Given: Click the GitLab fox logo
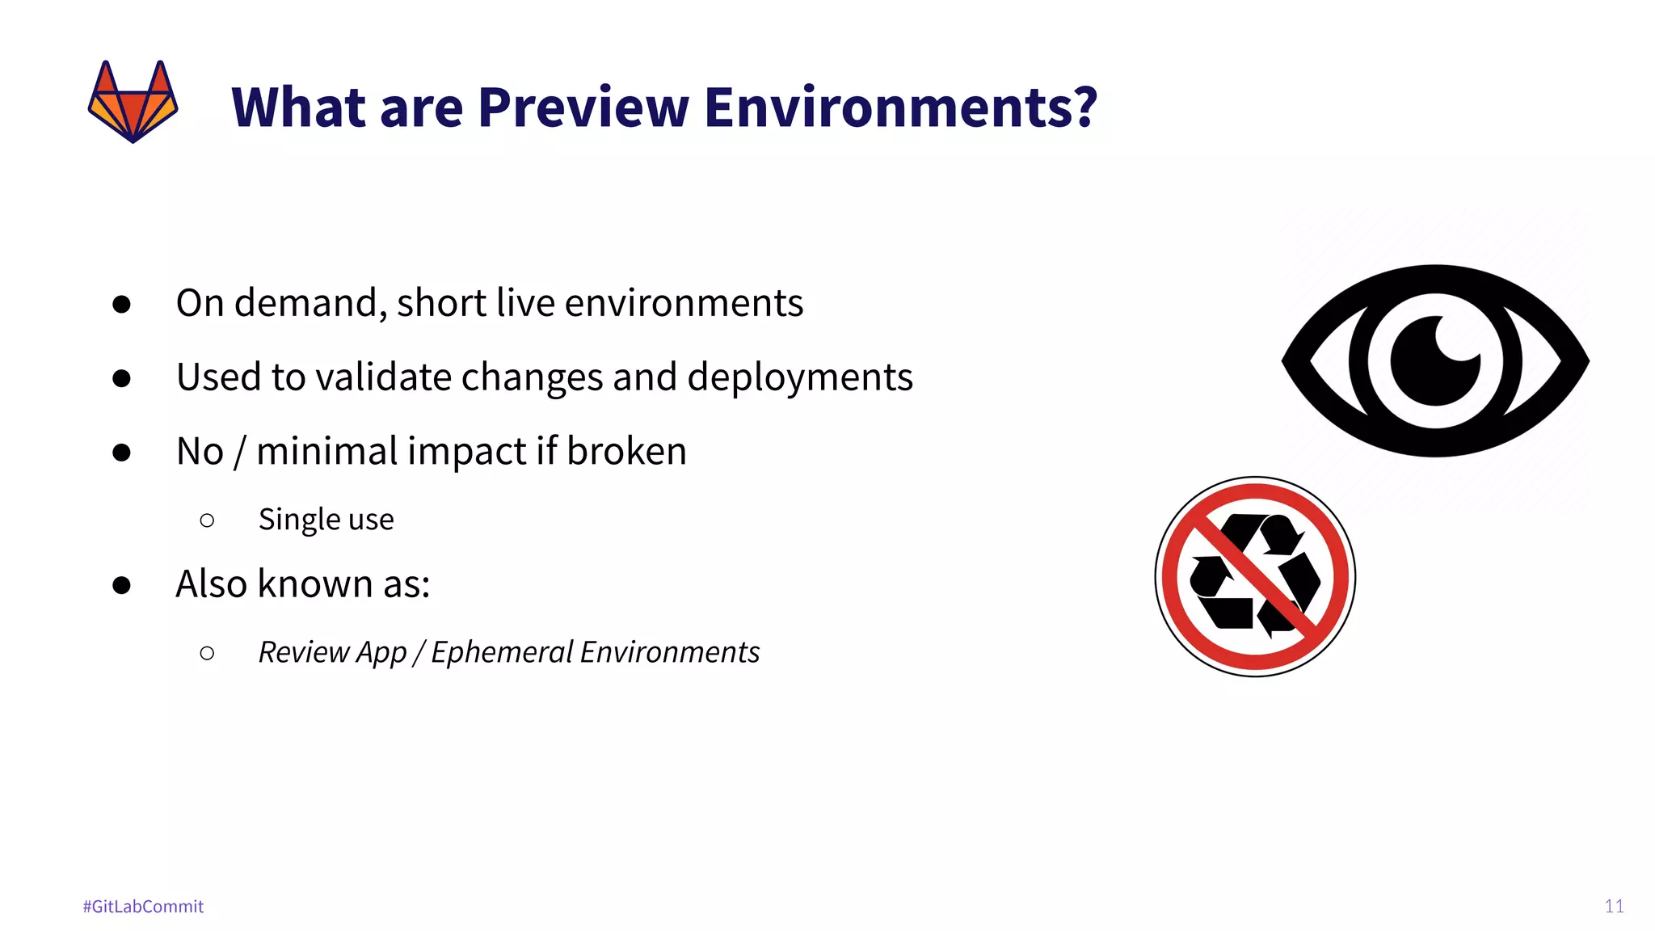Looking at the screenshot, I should pyautogui.click(x=133, y=102).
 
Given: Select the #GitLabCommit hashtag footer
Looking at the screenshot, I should pyautogui.click(x=143, y=906).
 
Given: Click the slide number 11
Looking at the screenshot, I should pyautogui.click(x=1614, y=906).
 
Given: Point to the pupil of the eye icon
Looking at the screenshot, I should pyautogui.click(x=1434, y=361).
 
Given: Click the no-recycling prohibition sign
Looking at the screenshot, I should pyautogui.click(x=1255, y=576).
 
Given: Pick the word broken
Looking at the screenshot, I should pyautogui.click(x=626, y=451).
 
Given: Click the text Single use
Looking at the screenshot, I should pyautogui.click(x=326, y=519).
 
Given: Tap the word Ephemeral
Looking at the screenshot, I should pyautogui.click(x=501, y=652).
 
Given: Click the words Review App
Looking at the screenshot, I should pyautogui.click(x=331, y=652).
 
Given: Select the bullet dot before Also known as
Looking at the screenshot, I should pyautogui.click(x=122, y=584).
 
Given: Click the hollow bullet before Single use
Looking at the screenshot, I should pyautogui.click(x=207, y=520).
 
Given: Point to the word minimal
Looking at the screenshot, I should pyautogui.click(x=327, y=451).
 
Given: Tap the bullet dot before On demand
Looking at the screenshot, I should pyautogui.click(x=122, y=304).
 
